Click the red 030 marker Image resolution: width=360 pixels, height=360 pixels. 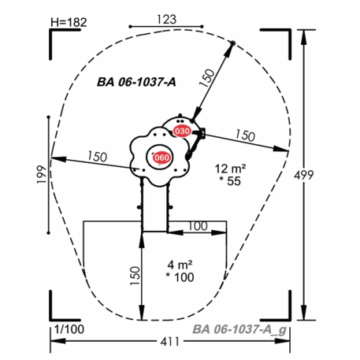pyautogui.click(x=182, y=131)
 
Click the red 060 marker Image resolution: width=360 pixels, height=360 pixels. pyautogui.click(x=161, y=158)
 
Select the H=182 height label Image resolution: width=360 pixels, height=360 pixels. pyautogui.click(x=69, y=22)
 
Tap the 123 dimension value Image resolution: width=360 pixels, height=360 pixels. pyautogui.click(x=167, y=20)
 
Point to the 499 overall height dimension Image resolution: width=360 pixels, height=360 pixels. pyautogui.click(x=303, y=175)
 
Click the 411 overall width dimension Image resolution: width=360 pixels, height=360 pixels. pyautogui.click(x=170, y=342)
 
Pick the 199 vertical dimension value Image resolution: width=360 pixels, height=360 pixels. pyautogui.click(x=42, y=174)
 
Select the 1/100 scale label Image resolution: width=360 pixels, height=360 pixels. pyautogui.click(x=69, y=329)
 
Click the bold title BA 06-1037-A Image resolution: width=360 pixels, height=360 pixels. pyautogui.click(x=136, y=82)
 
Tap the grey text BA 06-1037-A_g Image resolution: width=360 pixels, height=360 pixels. pyautogui.click(x=239, y=329)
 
